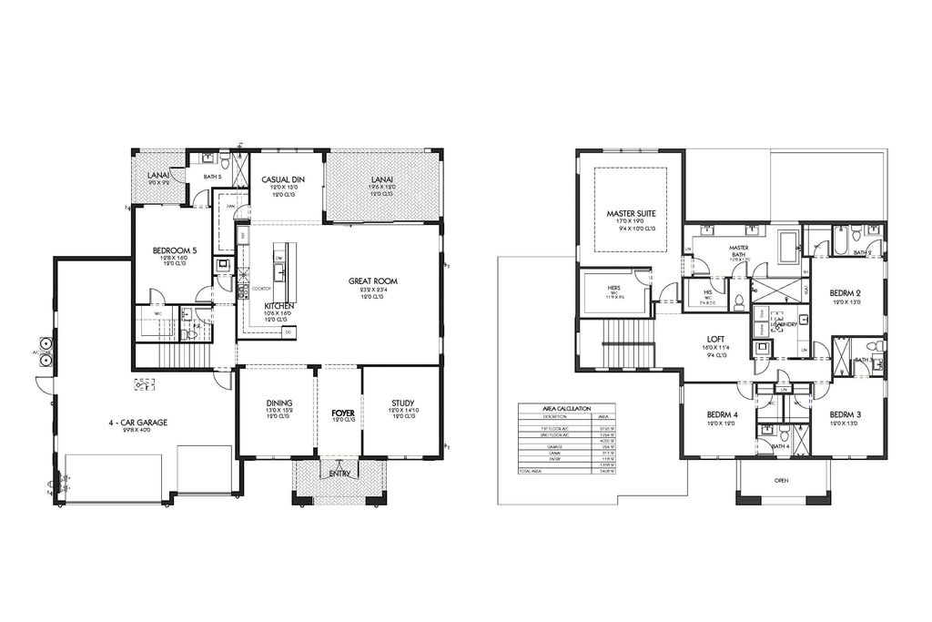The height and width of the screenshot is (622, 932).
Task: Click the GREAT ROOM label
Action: coord(372,281)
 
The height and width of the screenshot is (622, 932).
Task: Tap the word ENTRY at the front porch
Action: coord(339,472)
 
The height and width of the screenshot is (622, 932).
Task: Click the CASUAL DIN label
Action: coord(282,179)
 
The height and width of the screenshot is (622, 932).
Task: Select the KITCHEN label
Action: coord(279,306)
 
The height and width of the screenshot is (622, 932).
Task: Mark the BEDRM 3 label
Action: coord(846,414)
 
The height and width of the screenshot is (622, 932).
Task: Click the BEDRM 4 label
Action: coord(723,414)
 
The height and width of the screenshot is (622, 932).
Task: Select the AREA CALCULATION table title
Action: coord(567,409)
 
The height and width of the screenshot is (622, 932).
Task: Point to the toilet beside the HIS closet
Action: coord(739,301)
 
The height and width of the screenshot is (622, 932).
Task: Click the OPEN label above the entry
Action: coord(781,480)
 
